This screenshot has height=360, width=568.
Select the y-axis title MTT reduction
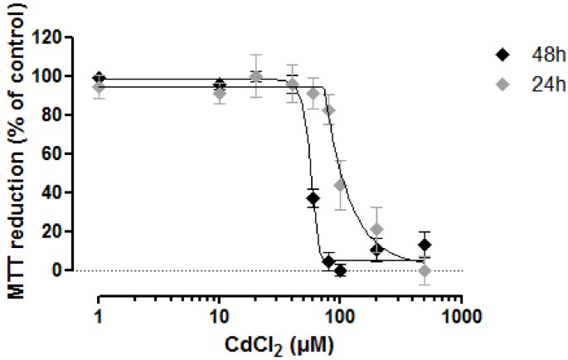(16, 153)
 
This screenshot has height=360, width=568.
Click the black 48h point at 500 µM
(425, 245)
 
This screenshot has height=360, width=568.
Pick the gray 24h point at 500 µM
(425, 270)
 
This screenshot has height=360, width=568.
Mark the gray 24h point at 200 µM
(377, 229)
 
